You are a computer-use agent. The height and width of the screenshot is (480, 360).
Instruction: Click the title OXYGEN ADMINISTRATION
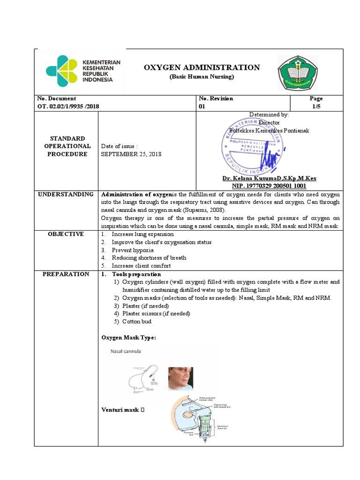[202, 67]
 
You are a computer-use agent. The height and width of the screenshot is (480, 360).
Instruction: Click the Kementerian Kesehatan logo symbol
[61, 71]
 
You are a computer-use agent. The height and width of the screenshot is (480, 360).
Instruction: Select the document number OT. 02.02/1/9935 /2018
[68, 106]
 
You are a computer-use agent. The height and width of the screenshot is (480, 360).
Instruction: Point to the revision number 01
[203, 106]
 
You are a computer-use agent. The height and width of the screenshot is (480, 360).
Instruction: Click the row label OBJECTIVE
[66, 234]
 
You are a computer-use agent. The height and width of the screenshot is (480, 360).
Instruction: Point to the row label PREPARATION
[66, 274]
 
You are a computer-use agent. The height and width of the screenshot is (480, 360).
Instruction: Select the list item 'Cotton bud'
[137, 322]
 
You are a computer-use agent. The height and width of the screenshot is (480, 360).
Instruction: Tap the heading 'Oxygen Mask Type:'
[129, 337]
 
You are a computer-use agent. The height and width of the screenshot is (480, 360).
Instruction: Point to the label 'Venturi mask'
[120, 410]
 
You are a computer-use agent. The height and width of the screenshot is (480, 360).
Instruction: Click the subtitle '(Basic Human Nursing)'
[202, 77]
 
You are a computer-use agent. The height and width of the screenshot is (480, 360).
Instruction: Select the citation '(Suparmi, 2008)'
[193, 210]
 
